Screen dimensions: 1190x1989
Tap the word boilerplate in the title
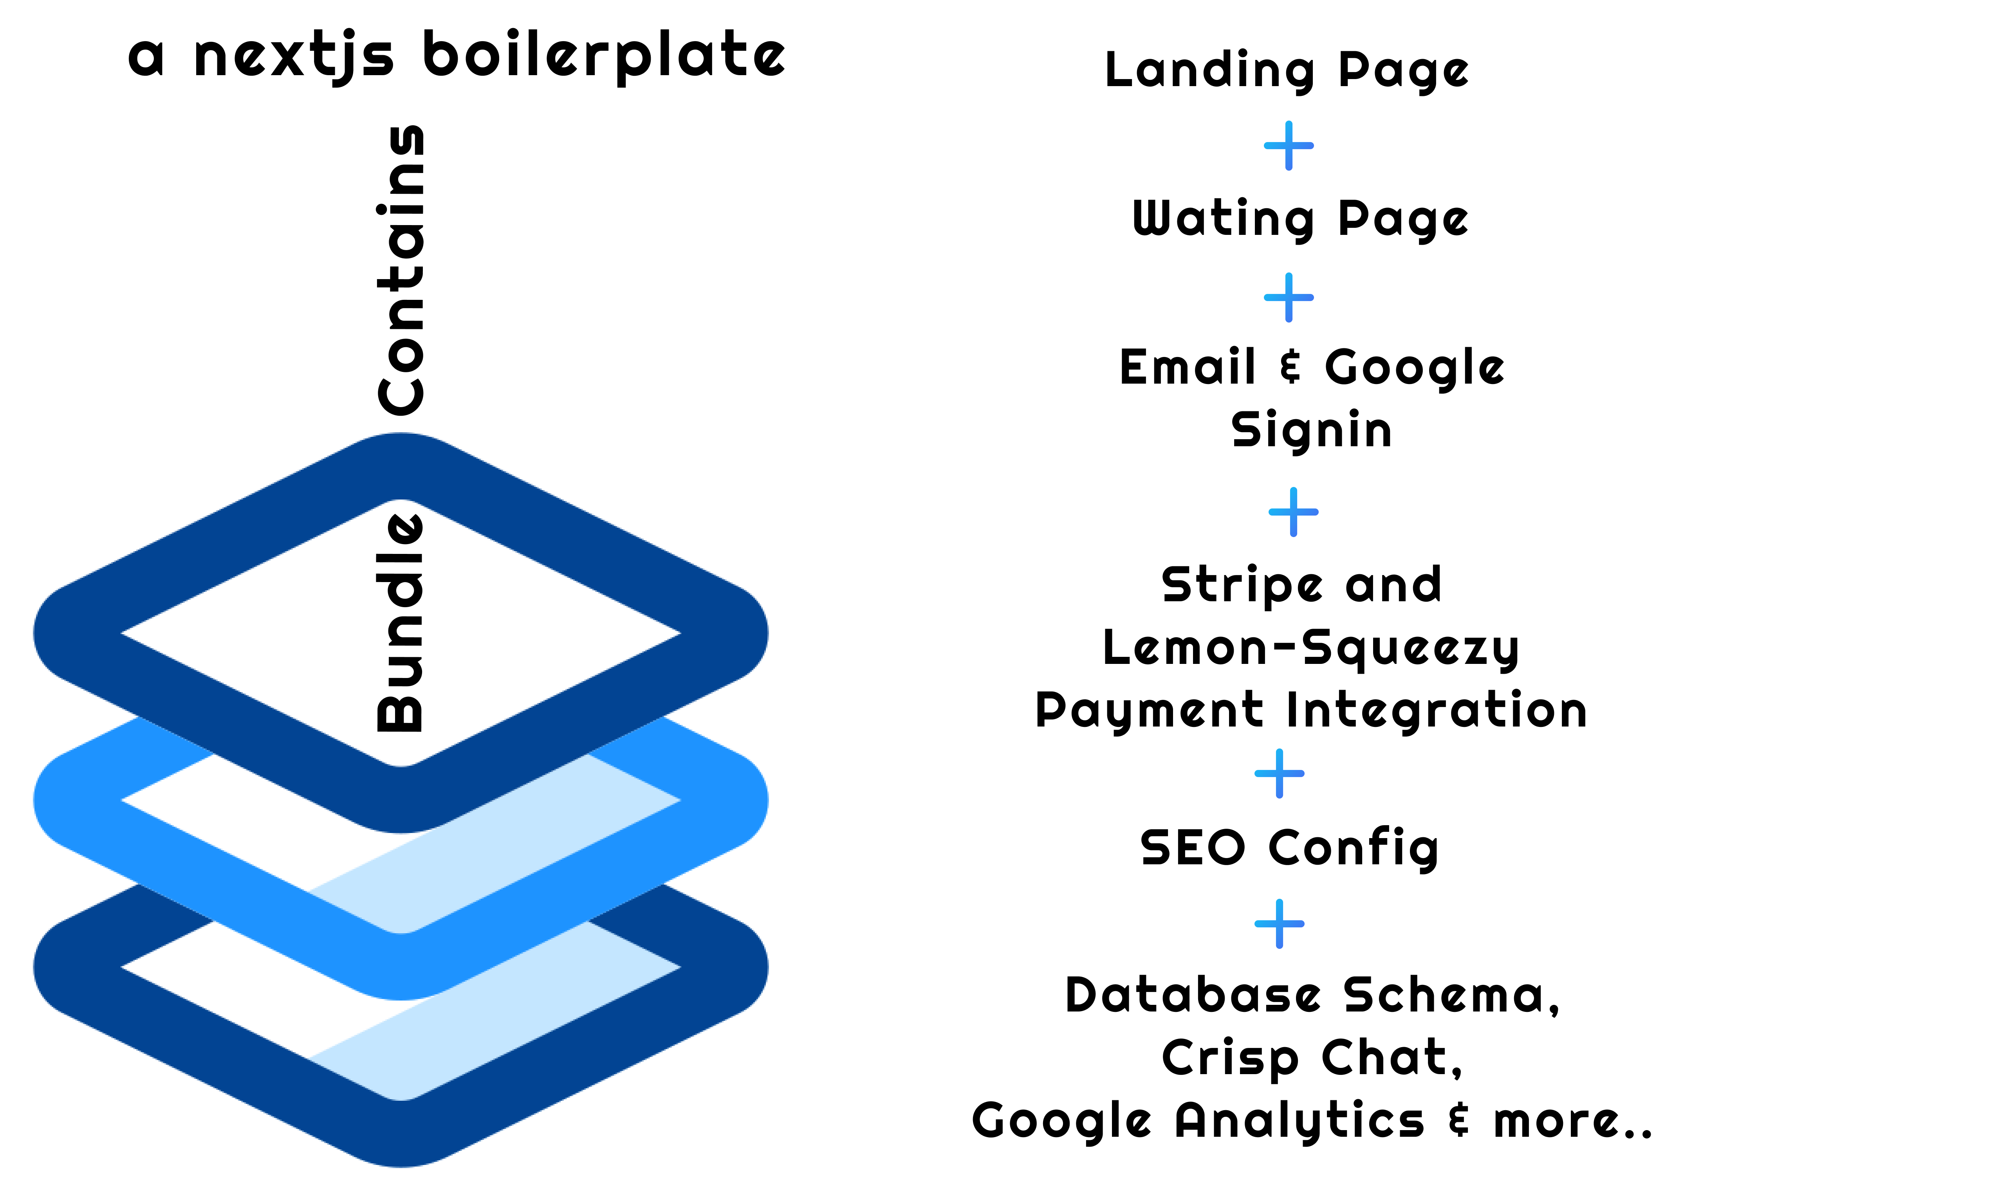coord(603,56)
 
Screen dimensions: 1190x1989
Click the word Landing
coord(1209,70)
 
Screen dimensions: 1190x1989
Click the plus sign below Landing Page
coord(1289,146)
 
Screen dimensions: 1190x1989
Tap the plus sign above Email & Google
coord(1289,297)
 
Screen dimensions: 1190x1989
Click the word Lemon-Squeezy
coord(1310,648)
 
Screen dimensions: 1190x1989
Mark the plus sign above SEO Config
coord(1279,774)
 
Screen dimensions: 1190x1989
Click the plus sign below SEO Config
coord(1279,924)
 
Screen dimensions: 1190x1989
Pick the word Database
coord(1193,996)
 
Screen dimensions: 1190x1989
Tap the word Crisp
coord(1229,1058)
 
